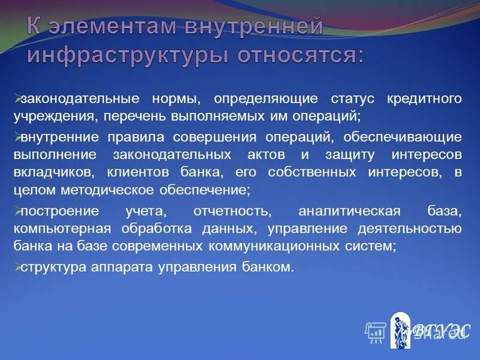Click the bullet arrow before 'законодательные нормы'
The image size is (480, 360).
pos(17,97)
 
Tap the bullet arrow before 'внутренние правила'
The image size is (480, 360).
pos(17,136)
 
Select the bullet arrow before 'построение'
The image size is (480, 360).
pos(17,211)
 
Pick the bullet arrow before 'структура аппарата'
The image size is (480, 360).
pos(17,267)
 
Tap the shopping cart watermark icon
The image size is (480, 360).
pos(375,331)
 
